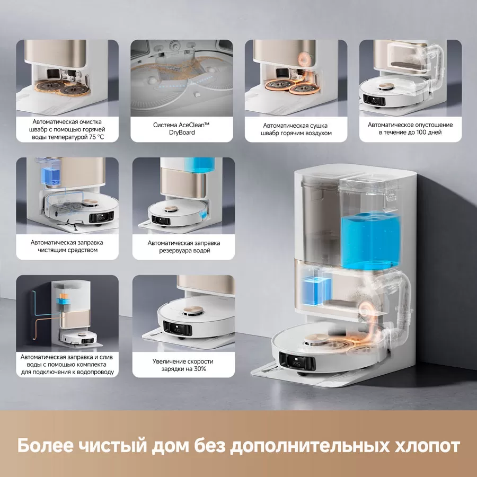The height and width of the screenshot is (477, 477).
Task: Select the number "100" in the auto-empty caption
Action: tap(419, 133)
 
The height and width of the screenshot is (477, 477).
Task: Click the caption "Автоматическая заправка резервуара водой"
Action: tap(183, 246)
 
